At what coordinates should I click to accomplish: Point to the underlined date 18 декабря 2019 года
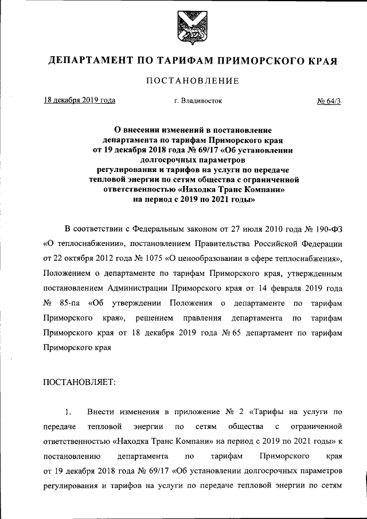click(80, 100)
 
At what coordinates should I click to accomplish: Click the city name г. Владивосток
click(198, 101)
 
